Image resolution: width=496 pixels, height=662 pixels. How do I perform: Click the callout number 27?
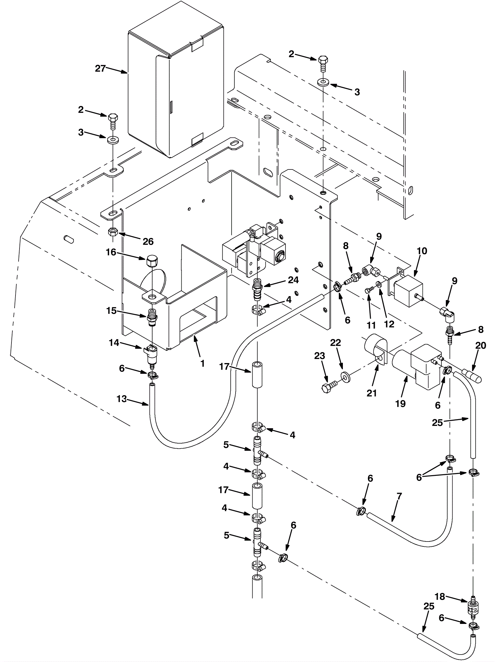[x=100, y=68]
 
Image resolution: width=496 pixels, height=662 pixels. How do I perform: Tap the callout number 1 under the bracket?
[x=202, y=363]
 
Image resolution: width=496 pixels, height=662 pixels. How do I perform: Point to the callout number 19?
[x=401, y=403]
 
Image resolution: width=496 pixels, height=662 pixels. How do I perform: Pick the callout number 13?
[x=122, y=399]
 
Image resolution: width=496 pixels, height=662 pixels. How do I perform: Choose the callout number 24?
[x=293, y=280]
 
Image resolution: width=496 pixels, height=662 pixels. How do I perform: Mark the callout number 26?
[x=148, y=241]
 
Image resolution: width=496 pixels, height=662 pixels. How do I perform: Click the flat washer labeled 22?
[x=345, y=376]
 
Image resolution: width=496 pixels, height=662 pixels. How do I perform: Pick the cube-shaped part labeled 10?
[x=408, y=290]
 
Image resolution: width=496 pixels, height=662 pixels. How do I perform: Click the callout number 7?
[x=399, y=496]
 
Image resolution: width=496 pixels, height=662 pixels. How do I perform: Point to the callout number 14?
[x=114, y=343]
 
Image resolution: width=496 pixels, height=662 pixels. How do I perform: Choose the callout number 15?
[x=111, y=310]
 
